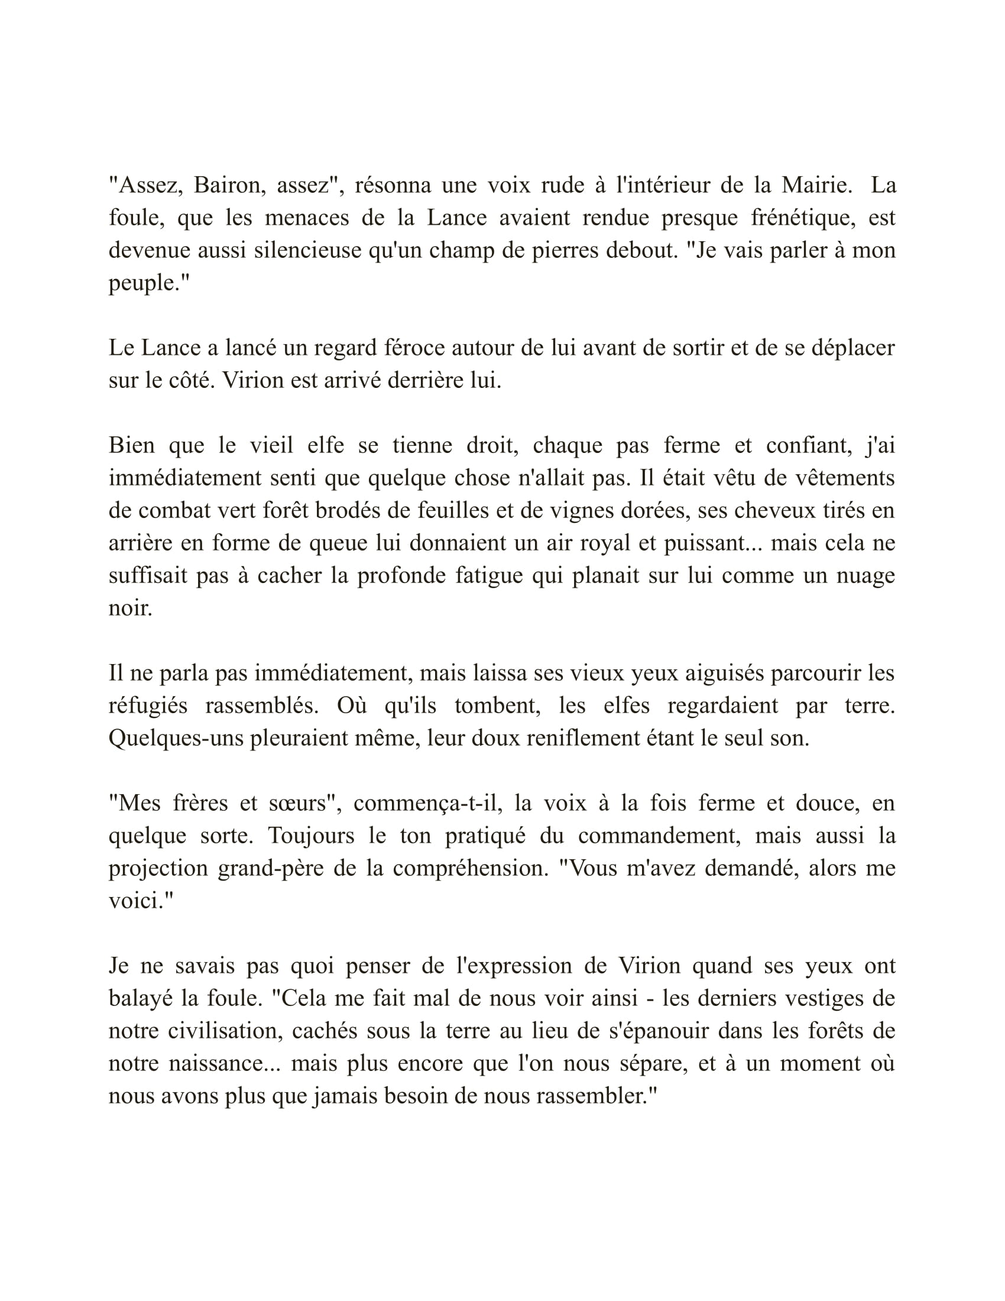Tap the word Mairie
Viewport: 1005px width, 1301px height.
[x=816, y=186]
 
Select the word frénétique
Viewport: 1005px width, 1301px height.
[x=803, y=218]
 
